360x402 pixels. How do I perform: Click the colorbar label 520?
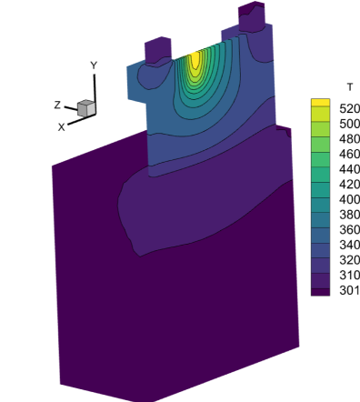coord(349,108)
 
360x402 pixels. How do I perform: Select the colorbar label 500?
coord(349,124)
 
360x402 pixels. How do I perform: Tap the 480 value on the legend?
coord(349,139)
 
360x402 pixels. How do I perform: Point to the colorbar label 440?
coord(349,169)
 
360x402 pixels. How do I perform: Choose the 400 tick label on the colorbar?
coord(349,199)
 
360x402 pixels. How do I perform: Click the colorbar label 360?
coord(349,230)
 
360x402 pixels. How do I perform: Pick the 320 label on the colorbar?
coord(349,260)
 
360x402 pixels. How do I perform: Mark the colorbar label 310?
coord(349,276)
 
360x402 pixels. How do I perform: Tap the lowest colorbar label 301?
coord(349,290)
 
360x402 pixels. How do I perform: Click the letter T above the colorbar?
coord(350,87)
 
